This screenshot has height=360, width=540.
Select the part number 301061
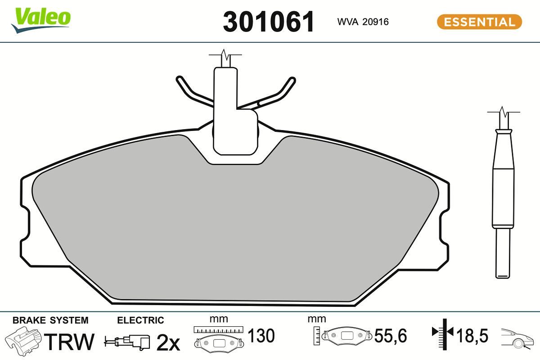point(269,22)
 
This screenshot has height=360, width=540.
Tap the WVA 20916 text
point(363,22)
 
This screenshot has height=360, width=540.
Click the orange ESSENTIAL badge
point(479,22)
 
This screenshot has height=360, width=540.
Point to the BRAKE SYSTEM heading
point(50,320)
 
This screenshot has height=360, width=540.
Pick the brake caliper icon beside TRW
point(23,341)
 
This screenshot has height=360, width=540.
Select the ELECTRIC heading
point(140,320)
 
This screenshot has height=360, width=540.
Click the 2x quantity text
point(168,343)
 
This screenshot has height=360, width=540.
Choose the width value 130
point(261,336)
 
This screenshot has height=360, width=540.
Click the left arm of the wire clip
point(191,92)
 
